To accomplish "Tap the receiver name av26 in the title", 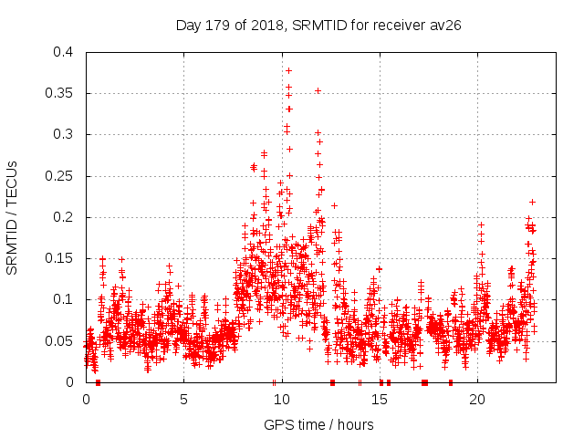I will pos(444,26).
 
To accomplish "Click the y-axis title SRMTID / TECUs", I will pos(13,217).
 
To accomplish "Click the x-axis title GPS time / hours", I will pos(318,424).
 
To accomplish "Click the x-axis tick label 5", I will pos(183,399).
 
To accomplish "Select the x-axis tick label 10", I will pos(281,399).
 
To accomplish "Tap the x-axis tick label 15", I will pos(379,399).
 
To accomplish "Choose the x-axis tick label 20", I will pos(476,399).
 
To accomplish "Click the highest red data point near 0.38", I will pos(289,70).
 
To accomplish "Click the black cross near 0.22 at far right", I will pos(532,202).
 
